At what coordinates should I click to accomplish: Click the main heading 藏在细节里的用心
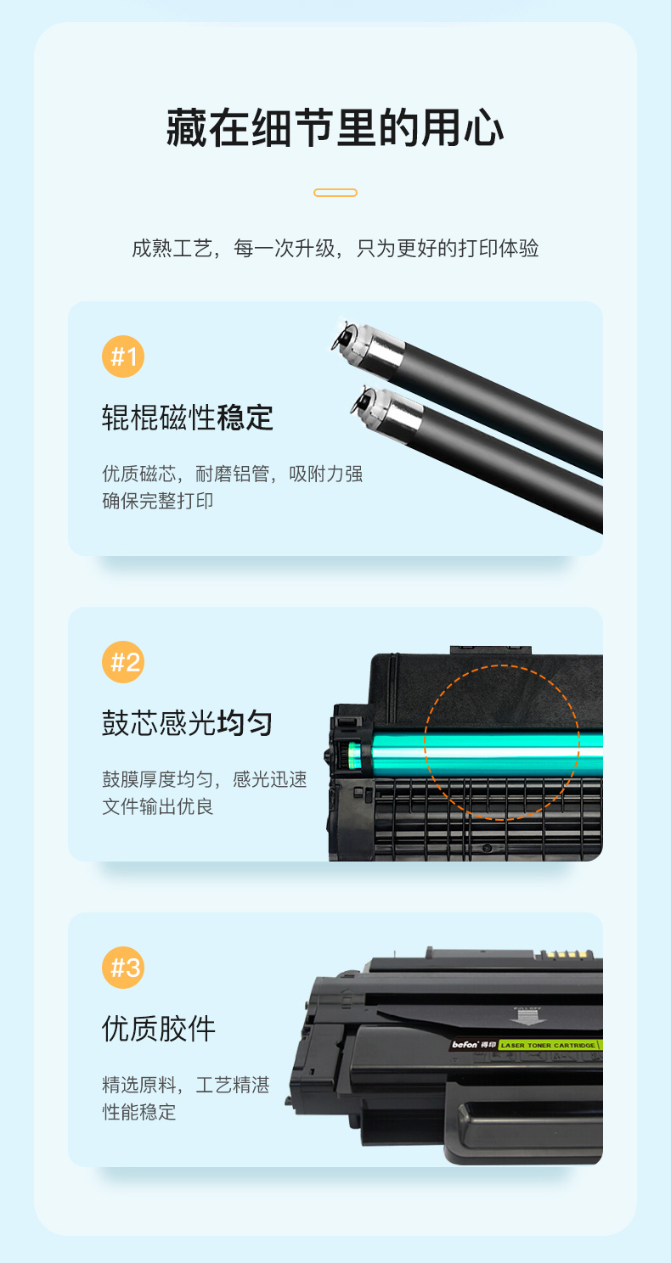point(335,128)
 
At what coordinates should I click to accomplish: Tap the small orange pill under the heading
point(335,193)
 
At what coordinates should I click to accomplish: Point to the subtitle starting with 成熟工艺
point(335,248)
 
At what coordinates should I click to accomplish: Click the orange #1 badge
point(123,356)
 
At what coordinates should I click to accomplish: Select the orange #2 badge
point(123,662)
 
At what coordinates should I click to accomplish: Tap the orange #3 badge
point(123,968)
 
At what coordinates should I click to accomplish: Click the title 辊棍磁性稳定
point(188,418)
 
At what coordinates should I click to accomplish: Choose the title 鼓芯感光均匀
point(188,723)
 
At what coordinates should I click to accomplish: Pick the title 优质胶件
point(159,1029)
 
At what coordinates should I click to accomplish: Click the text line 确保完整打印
point(157,501)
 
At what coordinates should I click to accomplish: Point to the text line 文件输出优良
point(157,806)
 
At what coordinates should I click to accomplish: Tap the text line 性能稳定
point(138,1112)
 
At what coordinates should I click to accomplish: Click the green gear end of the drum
point(353,755)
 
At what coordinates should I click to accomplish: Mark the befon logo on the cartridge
point(465,1044)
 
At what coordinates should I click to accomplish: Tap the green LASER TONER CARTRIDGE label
point(550,1045)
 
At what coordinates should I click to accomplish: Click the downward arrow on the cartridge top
point(527,1017)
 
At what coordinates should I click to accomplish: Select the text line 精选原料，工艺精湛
point(186,1085)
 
